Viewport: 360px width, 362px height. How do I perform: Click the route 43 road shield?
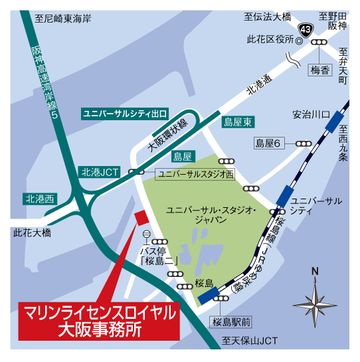tap(306, 29)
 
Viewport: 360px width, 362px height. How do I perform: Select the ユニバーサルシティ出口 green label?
tap(124, 114)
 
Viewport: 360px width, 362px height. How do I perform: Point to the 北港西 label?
tap(41, 199)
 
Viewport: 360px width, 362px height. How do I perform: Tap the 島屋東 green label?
tap(237, 122)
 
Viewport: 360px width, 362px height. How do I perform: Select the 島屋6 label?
tap(270, 143)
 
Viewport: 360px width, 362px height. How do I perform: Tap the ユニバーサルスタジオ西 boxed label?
tap(195, 174)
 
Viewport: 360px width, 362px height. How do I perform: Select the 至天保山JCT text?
tap(246, 341)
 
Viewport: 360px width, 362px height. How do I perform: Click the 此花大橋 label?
tap(32, 233)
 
